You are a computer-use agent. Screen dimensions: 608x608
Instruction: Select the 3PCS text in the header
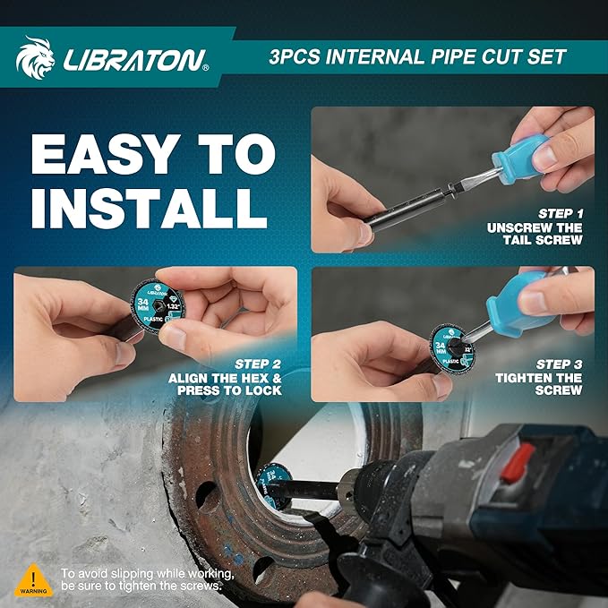[299, 57]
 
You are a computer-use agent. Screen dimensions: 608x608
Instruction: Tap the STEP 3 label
[559, 364]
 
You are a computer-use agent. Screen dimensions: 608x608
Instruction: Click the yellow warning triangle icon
[34, 578]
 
